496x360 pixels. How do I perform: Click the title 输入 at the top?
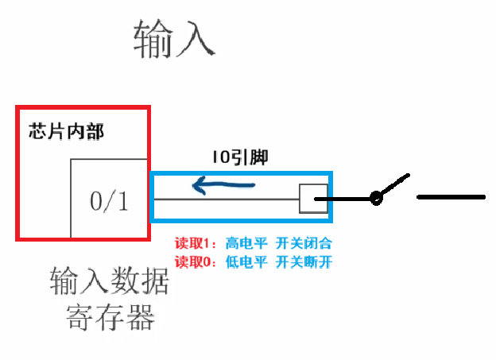point(174,39)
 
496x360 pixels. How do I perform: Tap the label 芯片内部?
point(66,131)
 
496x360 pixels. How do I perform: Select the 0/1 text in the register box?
point(108,202)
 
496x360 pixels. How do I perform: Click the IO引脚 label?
point(240,157)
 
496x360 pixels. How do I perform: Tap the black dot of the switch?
point(376,198)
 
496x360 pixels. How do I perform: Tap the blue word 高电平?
point(244,243)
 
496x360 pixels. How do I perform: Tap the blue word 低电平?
point(244,261)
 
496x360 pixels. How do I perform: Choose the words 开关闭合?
point(303,243)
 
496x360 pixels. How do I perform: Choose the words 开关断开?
point(303,261)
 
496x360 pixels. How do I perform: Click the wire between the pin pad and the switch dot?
point(350,199)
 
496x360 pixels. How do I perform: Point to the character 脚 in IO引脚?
point(259,157)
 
